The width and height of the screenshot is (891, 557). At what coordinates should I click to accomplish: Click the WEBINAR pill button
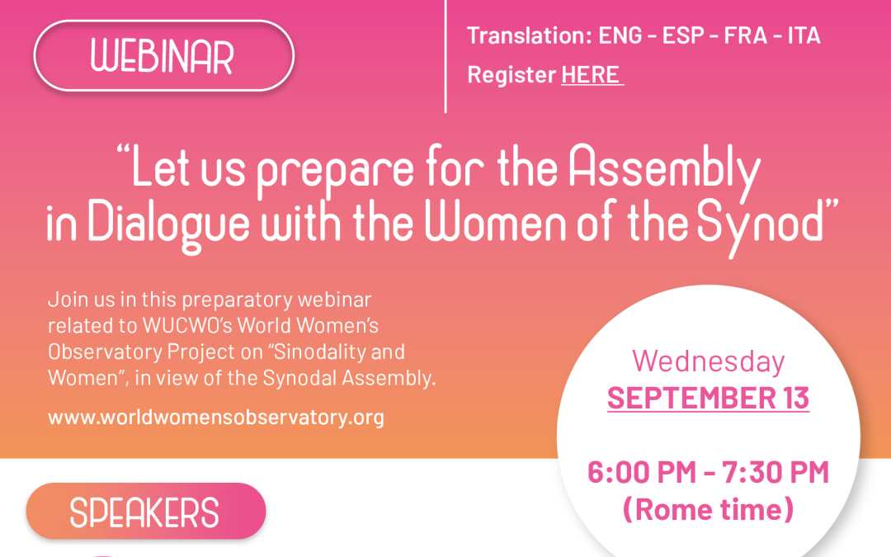(x=163, y=56)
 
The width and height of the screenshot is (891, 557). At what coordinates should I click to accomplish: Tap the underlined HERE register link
(x=591, y=74)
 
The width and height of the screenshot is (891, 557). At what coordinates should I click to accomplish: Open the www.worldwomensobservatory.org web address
(x=216, y=417)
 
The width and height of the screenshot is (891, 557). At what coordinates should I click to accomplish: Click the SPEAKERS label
(x=145, y=512)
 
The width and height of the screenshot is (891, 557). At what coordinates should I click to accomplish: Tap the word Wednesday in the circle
(x=708, y=361)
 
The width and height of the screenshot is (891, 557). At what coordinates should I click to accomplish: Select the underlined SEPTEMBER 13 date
(x=708, y=398)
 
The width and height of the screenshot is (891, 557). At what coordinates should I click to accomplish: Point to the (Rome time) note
(x=708, y=508)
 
